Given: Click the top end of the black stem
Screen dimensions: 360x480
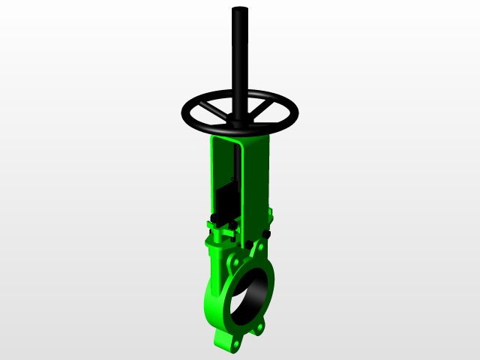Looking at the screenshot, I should pos(239,10).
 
